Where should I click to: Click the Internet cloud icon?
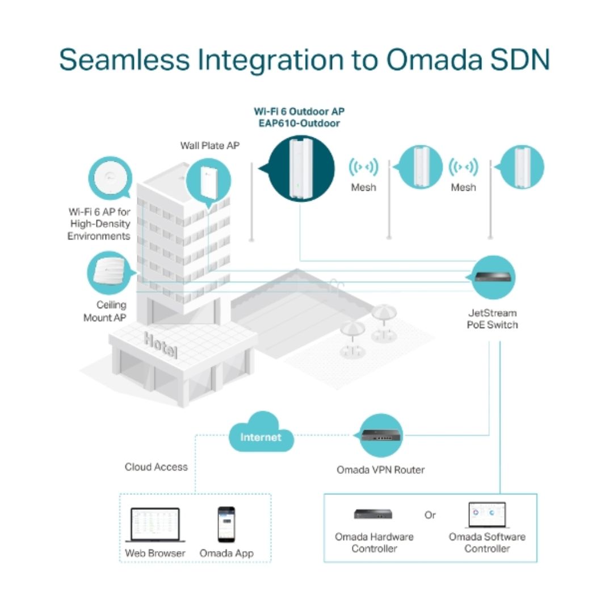(x=261, y=433)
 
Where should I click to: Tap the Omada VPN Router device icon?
(x=380, y=435)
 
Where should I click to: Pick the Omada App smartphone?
(x=226, y=524)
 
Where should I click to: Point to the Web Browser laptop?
(x=155, y=524)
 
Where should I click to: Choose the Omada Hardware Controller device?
(x=373, y=514)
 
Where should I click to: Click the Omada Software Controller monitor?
(x=487, y=515)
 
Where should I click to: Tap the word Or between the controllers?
(x=430, y=515)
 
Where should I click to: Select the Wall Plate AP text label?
(x=210, y=145)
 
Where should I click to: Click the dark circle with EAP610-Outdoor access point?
(x=301, y=169)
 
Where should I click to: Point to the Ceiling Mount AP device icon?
(x=109, y=271)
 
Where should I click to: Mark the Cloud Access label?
(x=157, y=467)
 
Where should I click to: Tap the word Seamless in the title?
(x=124, y=60)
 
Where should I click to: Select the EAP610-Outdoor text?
(x=300, y=123)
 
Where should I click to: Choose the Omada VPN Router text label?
(x=381, y=469)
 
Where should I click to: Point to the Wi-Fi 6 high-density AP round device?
(x=111, y=178)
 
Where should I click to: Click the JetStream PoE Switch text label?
(x=493, y=318)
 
